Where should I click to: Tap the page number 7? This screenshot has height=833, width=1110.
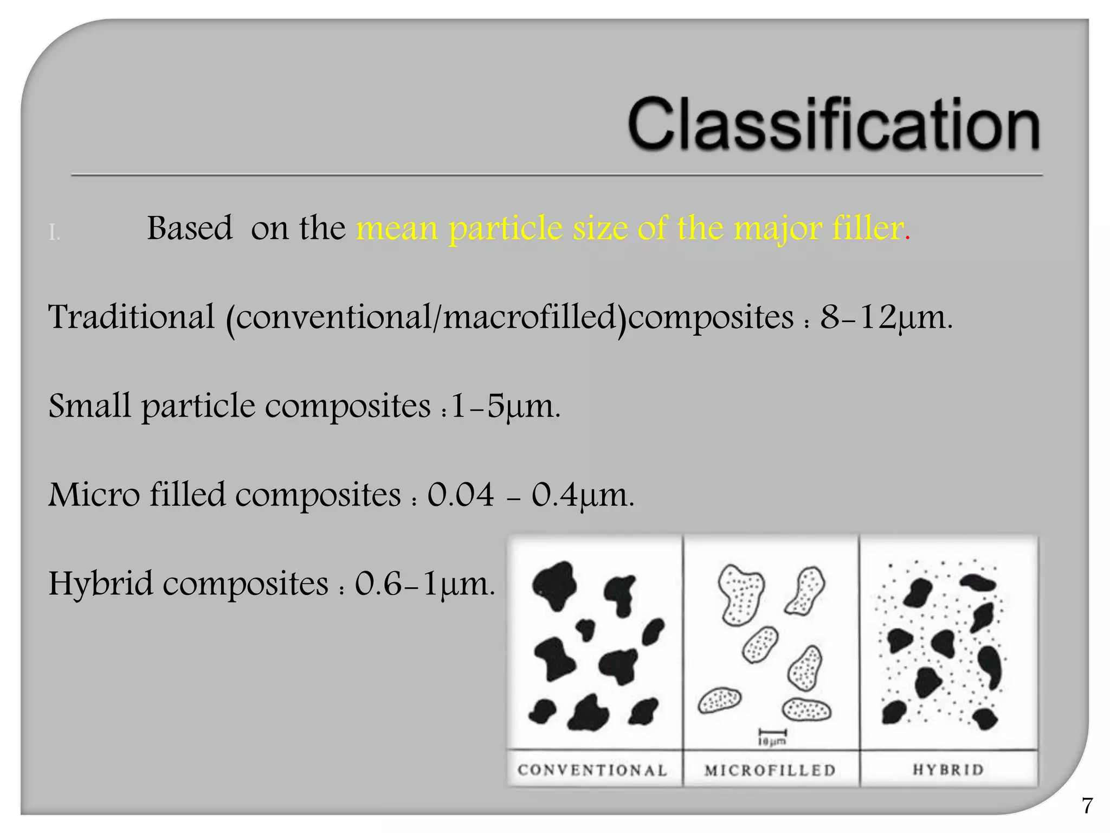tap(1087, 806)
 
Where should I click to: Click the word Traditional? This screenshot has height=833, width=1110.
tap(132, 317)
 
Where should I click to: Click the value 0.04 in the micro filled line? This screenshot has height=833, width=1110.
tap(461, 495)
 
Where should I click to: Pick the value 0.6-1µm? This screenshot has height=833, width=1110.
tap(424, 584)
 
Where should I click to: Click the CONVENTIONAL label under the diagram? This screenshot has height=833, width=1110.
tap(592, 770)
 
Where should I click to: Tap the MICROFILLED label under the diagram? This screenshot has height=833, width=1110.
tap(770, 770)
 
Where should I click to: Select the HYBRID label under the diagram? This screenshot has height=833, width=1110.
tap(948, 770)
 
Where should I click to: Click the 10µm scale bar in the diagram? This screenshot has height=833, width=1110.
tap(772, 736)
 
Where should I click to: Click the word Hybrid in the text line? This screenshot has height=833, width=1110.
tap(101, 584)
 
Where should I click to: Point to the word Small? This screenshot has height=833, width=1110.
tap(89, 406)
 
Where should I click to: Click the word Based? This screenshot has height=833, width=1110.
tap(190, 228)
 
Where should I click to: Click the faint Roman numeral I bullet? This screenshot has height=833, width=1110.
tap(54, 233)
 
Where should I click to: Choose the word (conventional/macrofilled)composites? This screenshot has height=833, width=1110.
tap(509, 318)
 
